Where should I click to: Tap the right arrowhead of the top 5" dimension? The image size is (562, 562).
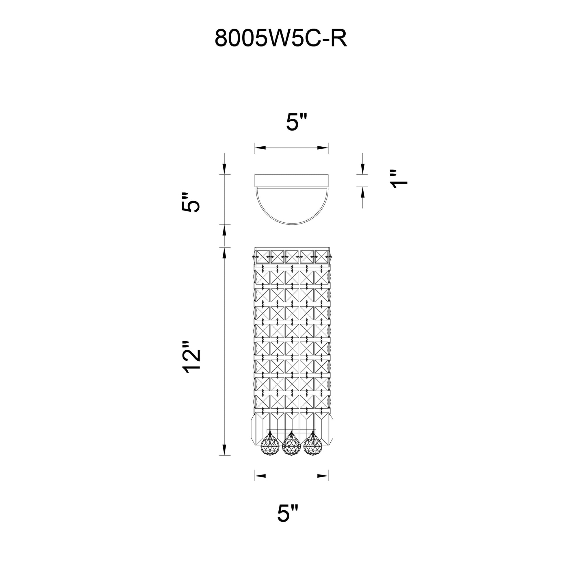[323, 148]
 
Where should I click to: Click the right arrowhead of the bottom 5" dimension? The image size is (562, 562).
[323, 484]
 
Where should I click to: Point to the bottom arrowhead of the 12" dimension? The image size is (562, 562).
[224, 457]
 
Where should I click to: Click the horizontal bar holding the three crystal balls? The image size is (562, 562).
[291, 431]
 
